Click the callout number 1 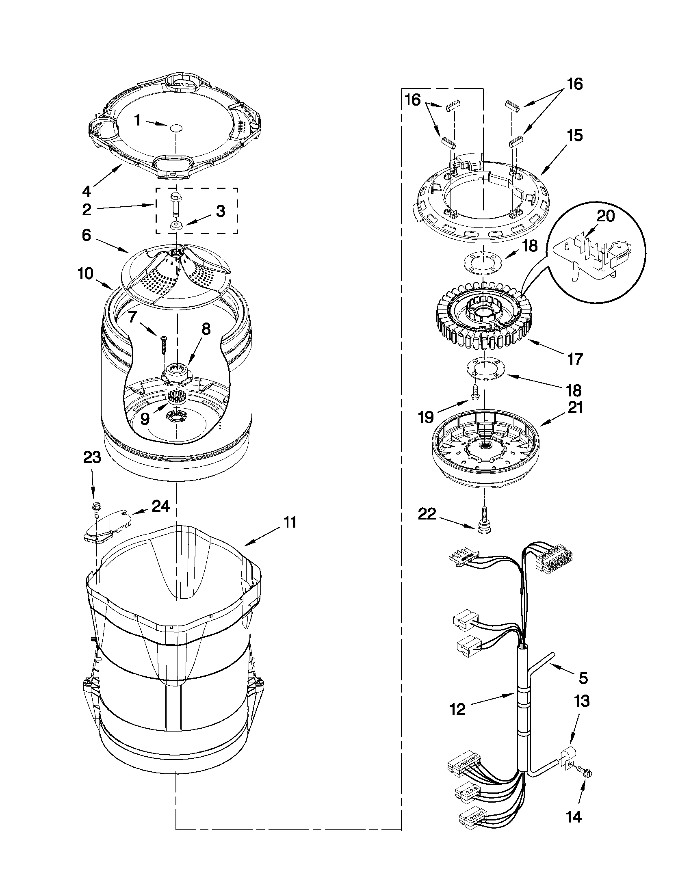click(x=138, y=120)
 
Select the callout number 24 click(x=160, y=507)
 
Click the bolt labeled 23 click(x=97, y=509)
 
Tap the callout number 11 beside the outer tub click(x=290, y=523)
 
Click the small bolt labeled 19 click(x=476, y=392)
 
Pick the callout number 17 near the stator click(x=574, y=359)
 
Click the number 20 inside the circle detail click(x=606, y=215)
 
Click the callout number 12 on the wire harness click(x=458, y=709)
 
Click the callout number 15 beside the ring click(x=575, y=136)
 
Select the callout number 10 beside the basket click(x=86, y=273)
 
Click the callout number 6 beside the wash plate click(x=86, y=236)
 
